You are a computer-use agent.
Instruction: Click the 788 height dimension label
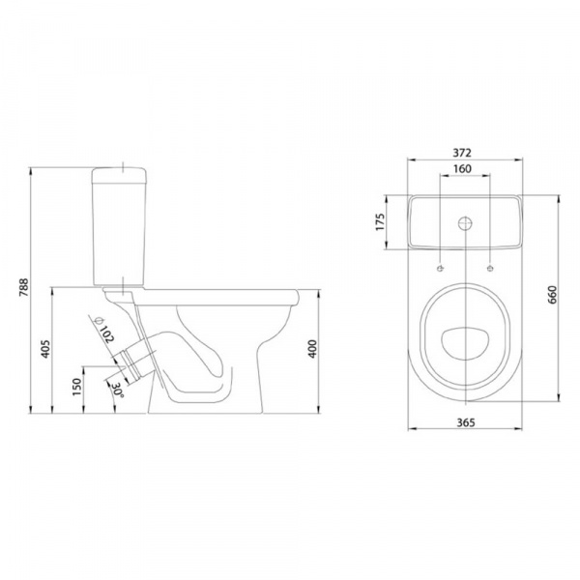[x=23, y=288]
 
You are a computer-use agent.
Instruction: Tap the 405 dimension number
[x=45, y=348]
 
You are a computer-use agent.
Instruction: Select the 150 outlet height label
[x=76, y=387]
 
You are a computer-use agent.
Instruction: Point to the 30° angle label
[x=118, y=390]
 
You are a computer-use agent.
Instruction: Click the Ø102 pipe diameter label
[x=104, y=330]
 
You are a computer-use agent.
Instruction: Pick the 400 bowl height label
[x=312, y=348]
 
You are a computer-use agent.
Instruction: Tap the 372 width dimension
[x=462, y=153]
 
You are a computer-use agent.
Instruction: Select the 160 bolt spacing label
[x=462, y=168]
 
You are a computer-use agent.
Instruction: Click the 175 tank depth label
[x=380, y=222]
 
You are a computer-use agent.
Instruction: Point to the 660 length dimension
[x=552, y=295]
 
